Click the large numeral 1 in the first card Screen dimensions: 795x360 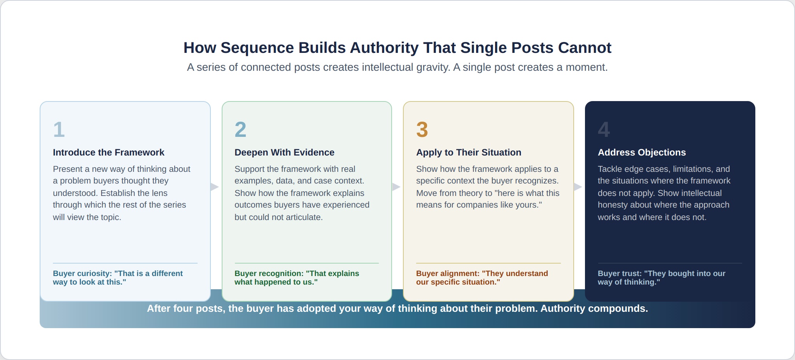pos(59,129)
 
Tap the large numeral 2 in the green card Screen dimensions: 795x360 pos(240,129)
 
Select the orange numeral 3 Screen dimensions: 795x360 pos(422,129)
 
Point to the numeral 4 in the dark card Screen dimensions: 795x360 pos(604,129)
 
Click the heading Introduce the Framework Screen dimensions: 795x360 pos(109,152)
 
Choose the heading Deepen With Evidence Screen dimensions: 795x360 pos(284,152)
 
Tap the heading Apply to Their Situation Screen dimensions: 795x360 pos(469,152)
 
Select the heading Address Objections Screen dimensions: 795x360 pos(642,152)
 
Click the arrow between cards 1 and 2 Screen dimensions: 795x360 pos(215,187)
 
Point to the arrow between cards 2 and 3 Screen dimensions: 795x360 pos(396,187)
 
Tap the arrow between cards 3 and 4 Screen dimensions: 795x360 pos(578,187)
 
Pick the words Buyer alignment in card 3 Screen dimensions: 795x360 pos(447,274)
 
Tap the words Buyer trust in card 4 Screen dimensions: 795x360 pos(619,274)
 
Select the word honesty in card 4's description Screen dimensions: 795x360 pos(612,205)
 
